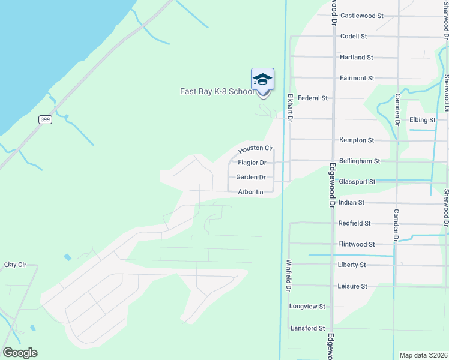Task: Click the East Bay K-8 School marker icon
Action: pyautogui.click(x=262, y=80)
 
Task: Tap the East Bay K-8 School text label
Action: pyautogui.click(x=217, y=92)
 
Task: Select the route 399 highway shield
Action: pyautogui.click(x=45, y=119)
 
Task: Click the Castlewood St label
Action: pyautogui.click(x=361, y=16)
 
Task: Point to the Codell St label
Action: pyautogui.click(x=354, y=37)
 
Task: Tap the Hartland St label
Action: pyautogui.click(x=357, y=58)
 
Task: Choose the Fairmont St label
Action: pyautogui.click(x=357, y=78)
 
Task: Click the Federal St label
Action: pyautogui.click(x=313, y=98)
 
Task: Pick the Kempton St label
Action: pyautogui.click(x=357, y=140)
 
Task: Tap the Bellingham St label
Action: pyautogui.click(x=360, y=161)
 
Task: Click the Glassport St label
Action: pyautogui.click(x=357, y=182)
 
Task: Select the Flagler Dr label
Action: pyautogui.click(x=252, y=163)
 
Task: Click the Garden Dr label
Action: pyautogui.click(x=251, y=177)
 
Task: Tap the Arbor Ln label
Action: pyautogui.click(x=250, y=192)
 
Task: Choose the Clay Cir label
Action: pyautogui.click(x=16, y=265)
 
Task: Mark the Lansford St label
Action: pyautogui.click(x=307, y=328)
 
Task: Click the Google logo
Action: pyautogui.click(x=20, y=353)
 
